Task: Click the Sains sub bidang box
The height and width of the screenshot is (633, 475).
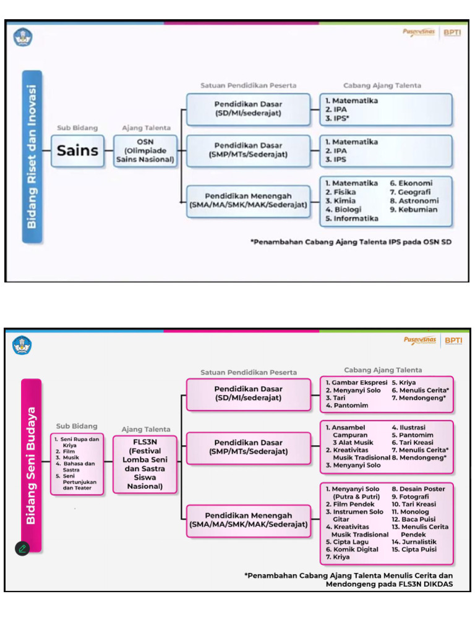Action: click(77, 150)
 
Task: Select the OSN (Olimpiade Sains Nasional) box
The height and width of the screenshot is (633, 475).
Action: click(145, 150)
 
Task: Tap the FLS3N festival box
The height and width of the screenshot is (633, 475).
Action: click(145, 464)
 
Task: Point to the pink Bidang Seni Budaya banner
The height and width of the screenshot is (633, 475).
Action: click(31, 465)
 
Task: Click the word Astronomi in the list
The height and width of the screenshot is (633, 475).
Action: click(418, 201)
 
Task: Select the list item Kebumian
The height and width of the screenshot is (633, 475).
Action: click(417, 210)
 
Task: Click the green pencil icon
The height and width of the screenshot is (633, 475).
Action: click(22, 548)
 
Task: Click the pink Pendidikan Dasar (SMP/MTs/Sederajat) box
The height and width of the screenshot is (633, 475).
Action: click(249, 447)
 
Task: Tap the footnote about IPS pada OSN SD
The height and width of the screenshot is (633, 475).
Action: click(351, 242)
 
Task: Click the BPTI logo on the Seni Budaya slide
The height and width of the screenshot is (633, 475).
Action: click(453, 340)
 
